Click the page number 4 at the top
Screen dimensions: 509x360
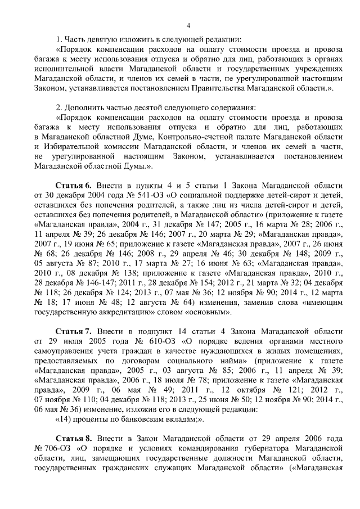[x=189, y=25]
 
